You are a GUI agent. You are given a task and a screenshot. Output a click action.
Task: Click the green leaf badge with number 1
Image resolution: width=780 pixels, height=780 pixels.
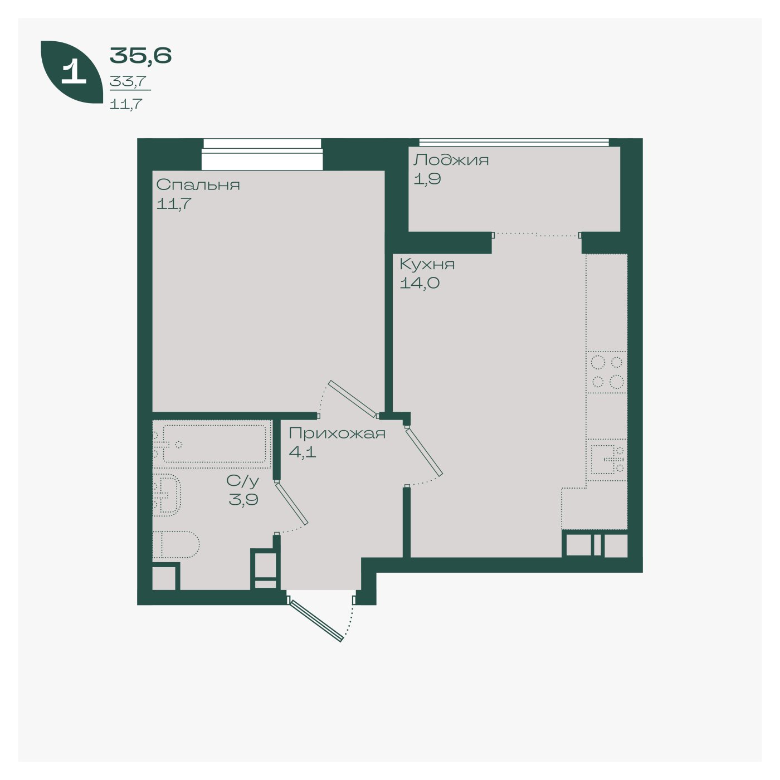tap(71, 72)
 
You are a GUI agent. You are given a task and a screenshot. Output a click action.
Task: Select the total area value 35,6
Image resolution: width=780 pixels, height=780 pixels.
tap(140, 56)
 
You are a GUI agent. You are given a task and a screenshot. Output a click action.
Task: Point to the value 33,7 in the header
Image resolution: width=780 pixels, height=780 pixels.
tap(128, 81)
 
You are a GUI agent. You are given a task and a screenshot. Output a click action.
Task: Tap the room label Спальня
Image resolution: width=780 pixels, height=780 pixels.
tap(198, 184)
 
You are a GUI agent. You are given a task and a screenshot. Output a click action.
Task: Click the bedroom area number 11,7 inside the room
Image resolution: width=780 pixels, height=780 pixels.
tap(173, 203)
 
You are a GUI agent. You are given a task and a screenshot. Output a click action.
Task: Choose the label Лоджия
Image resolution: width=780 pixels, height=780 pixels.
tap(451, 160)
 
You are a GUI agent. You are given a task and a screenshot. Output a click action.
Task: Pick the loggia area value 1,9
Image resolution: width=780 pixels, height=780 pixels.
tap(427, 178)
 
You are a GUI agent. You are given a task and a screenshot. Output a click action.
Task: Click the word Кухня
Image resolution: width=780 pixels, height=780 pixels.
tap(427, 264)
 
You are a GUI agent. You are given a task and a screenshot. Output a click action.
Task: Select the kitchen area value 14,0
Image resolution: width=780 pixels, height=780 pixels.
tap(420, 283)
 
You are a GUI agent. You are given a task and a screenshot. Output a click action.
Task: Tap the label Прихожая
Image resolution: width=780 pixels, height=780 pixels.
tap(337, 433)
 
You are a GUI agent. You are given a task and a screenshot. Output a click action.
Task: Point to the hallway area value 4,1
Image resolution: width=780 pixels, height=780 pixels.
tap(302, 452)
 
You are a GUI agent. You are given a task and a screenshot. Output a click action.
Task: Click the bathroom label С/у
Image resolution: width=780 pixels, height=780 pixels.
tap(242, 481)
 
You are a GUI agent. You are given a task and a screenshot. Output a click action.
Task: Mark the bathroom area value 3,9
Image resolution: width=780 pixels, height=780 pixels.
tap(243, 500)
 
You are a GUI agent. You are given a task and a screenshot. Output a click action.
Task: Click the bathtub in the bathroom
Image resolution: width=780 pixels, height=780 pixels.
tap(211, 444)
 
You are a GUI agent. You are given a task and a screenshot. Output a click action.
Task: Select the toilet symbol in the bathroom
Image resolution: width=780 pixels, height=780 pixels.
tap(176, 544)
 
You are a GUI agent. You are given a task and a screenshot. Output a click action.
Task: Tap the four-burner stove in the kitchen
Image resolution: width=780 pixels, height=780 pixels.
tap(606, 372)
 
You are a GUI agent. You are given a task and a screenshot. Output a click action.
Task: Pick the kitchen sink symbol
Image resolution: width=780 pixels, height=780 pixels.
tap(606, 460)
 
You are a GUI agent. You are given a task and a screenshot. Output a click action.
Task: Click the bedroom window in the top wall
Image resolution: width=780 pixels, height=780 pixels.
tap(262, 155)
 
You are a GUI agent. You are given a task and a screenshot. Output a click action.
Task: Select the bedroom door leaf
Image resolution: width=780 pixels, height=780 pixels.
tap(353, 399)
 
